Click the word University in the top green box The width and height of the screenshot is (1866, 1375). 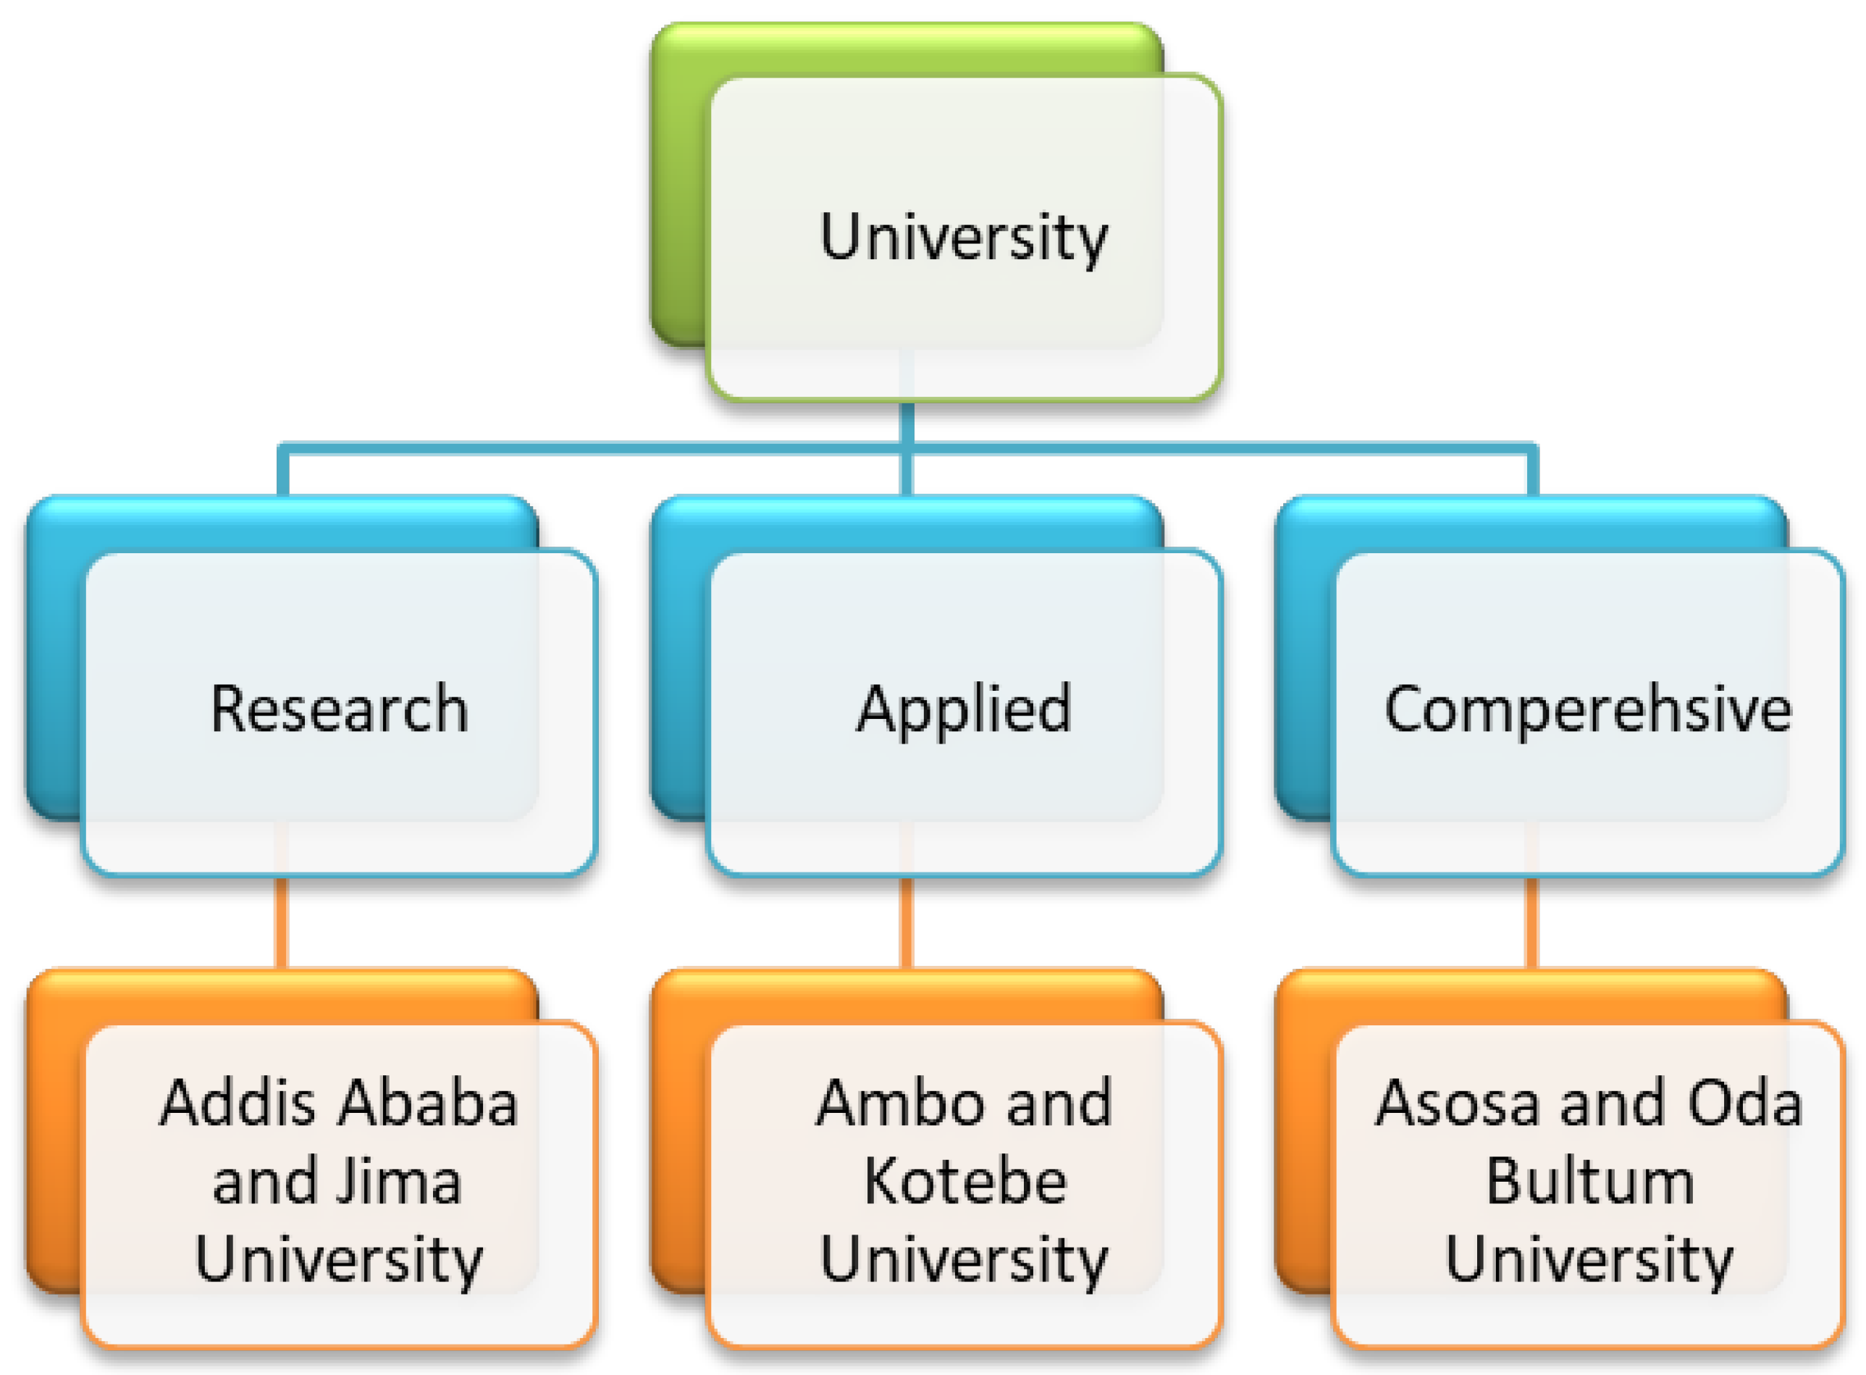(963, 237)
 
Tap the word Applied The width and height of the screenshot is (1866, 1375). (964, 710)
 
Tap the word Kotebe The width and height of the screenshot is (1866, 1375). (965, 1182)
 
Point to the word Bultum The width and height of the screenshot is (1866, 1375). (1589, 1182)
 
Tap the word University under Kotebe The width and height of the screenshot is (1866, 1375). (963, 1259)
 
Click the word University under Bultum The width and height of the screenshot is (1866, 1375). (1588, 1259)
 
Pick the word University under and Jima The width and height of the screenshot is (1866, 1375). (339, 1259)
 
